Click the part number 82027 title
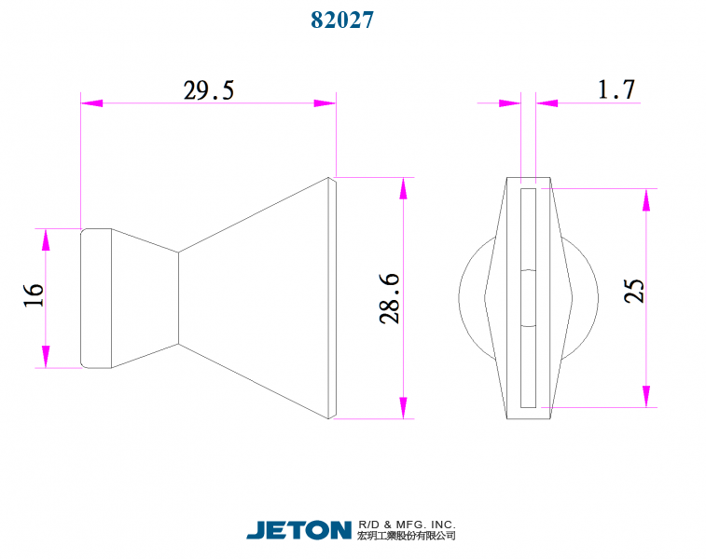coord(342,20)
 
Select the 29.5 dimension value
coord(208,90)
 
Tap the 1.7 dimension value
coord(616,89)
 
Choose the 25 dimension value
coord(634,292)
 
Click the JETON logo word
coord(298,530)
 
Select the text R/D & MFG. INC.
coord(407,524)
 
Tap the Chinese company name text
coord(407,537)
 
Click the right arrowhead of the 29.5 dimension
coord(325,102)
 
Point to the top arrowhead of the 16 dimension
coord(45,239)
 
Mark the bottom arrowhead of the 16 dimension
coord(45,357)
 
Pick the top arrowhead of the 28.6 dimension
coord(403,187)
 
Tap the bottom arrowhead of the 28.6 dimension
coord(403,408)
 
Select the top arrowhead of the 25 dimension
coord(645,199)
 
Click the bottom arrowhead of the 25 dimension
coord(645,396)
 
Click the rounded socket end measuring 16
coord(97,298)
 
